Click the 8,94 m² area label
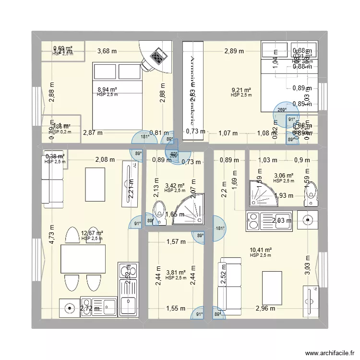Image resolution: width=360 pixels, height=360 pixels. coord(108,89)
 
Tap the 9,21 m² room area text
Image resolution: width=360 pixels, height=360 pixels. coord(241,90)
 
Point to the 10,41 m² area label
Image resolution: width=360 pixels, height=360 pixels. coord(261,250)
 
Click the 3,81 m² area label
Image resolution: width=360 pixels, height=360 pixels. coord(175,272)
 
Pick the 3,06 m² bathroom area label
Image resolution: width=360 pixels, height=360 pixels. coord(283,176)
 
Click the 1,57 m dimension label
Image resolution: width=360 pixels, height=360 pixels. coord(176,241)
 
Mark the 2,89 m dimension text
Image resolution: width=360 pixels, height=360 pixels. coord(234,50)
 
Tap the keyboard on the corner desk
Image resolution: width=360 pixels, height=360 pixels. coord(157,58)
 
